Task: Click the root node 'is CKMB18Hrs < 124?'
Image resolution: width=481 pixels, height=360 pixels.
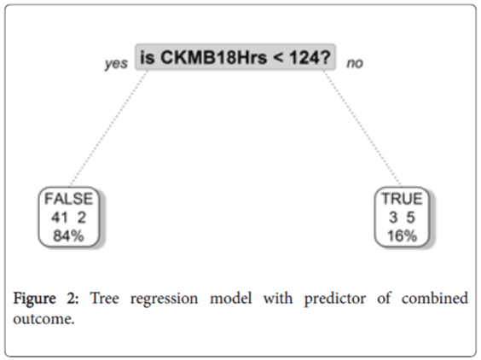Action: click(x=235, y=57)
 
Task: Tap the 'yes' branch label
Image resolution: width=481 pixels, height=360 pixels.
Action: click(x=116, y=64)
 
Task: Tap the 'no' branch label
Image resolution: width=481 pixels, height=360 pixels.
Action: click(x=355, y=63)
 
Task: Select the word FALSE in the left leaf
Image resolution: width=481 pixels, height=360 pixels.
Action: click(x=69, y=199)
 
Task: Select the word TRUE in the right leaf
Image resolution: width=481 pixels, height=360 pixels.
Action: click(x=402, y=199)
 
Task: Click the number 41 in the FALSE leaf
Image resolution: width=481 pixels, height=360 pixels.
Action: click(x=60, y=218)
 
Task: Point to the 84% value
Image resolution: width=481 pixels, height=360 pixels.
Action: click(x=68, y=236)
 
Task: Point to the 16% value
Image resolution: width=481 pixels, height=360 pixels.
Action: click(x=402, y=236)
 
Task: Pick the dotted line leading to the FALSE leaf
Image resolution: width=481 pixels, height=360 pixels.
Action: click(x=108, y=128)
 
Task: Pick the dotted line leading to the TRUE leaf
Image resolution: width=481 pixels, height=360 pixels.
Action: click(x=362, y=128)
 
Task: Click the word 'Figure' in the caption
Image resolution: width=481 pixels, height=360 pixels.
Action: click(x=34, y=299)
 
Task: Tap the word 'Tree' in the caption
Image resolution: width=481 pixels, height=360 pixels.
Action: click(x=104, y=298)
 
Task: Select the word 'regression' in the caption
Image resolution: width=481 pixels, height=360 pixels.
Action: click(x=164, y=299)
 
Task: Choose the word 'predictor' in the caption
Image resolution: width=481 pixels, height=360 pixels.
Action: click(x=335, y=299)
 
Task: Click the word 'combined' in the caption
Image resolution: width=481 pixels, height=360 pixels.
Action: click(x=435, y=298)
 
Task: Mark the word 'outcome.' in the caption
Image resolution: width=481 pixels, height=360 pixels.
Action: click(x=43, y=319)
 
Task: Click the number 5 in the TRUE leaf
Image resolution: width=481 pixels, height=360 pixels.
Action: click(x=411, y=218)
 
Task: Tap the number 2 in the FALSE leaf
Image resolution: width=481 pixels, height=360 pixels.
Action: click(x=81, y=218)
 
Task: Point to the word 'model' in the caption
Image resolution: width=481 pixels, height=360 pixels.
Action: click(x=231, y=298)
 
